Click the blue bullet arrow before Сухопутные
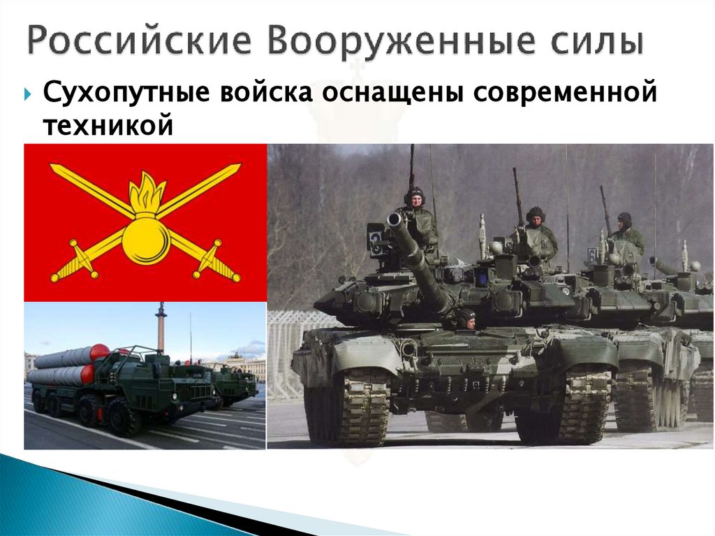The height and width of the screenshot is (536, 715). click(x=27, y=94)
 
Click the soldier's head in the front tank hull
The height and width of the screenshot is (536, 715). click(x=466, y=318)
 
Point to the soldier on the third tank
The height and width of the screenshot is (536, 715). click(x=626, y=231)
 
